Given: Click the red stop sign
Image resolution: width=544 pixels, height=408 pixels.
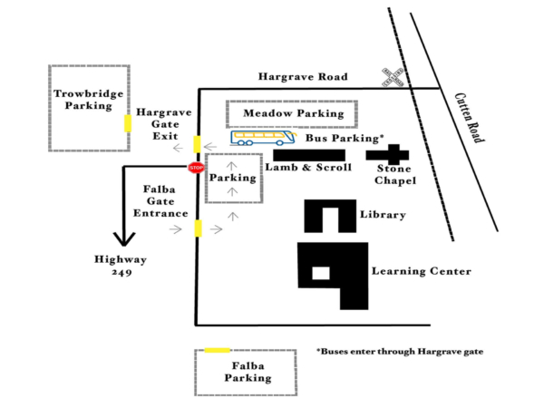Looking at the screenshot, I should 196,167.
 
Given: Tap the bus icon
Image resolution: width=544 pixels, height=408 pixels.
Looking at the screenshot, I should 263,138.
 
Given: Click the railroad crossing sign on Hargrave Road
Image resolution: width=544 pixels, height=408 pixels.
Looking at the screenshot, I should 393,77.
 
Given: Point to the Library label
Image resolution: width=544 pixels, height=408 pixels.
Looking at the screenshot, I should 381,216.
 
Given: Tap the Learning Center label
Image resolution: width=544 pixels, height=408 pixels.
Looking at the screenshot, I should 422,271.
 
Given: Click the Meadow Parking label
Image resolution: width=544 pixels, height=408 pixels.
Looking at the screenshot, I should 291,114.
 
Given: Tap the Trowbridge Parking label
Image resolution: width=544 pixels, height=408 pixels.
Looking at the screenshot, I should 88,100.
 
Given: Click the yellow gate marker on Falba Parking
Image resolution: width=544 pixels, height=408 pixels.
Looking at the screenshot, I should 217,350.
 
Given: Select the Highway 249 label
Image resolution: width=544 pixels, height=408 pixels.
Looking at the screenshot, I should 116,266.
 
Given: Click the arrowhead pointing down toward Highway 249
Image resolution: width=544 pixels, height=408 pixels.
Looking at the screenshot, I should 124,239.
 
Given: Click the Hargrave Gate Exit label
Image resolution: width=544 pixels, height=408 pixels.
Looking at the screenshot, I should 164,123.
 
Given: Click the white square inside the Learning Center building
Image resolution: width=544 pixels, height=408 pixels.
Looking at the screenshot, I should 320,273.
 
